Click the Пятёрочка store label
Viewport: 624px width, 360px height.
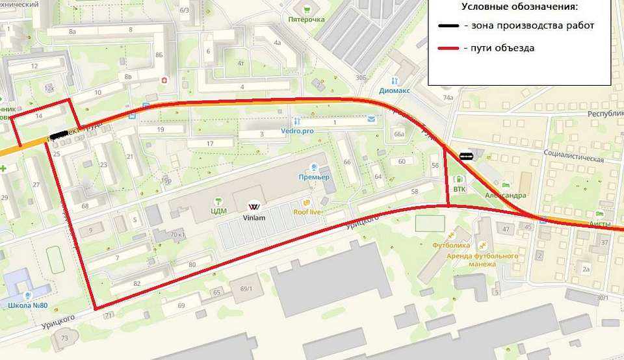point(306,19)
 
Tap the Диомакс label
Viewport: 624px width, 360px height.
point(395,91)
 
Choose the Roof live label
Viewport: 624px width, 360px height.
point(308,212)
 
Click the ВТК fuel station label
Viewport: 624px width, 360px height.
point(459,189)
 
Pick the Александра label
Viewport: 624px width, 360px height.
point(505,195)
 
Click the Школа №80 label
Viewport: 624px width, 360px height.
point(25,305)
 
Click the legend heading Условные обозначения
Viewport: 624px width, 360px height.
point(519,7)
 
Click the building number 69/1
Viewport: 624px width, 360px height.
point(246,288)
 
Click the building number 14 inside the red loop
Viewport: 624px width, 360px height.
point(40,116)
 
